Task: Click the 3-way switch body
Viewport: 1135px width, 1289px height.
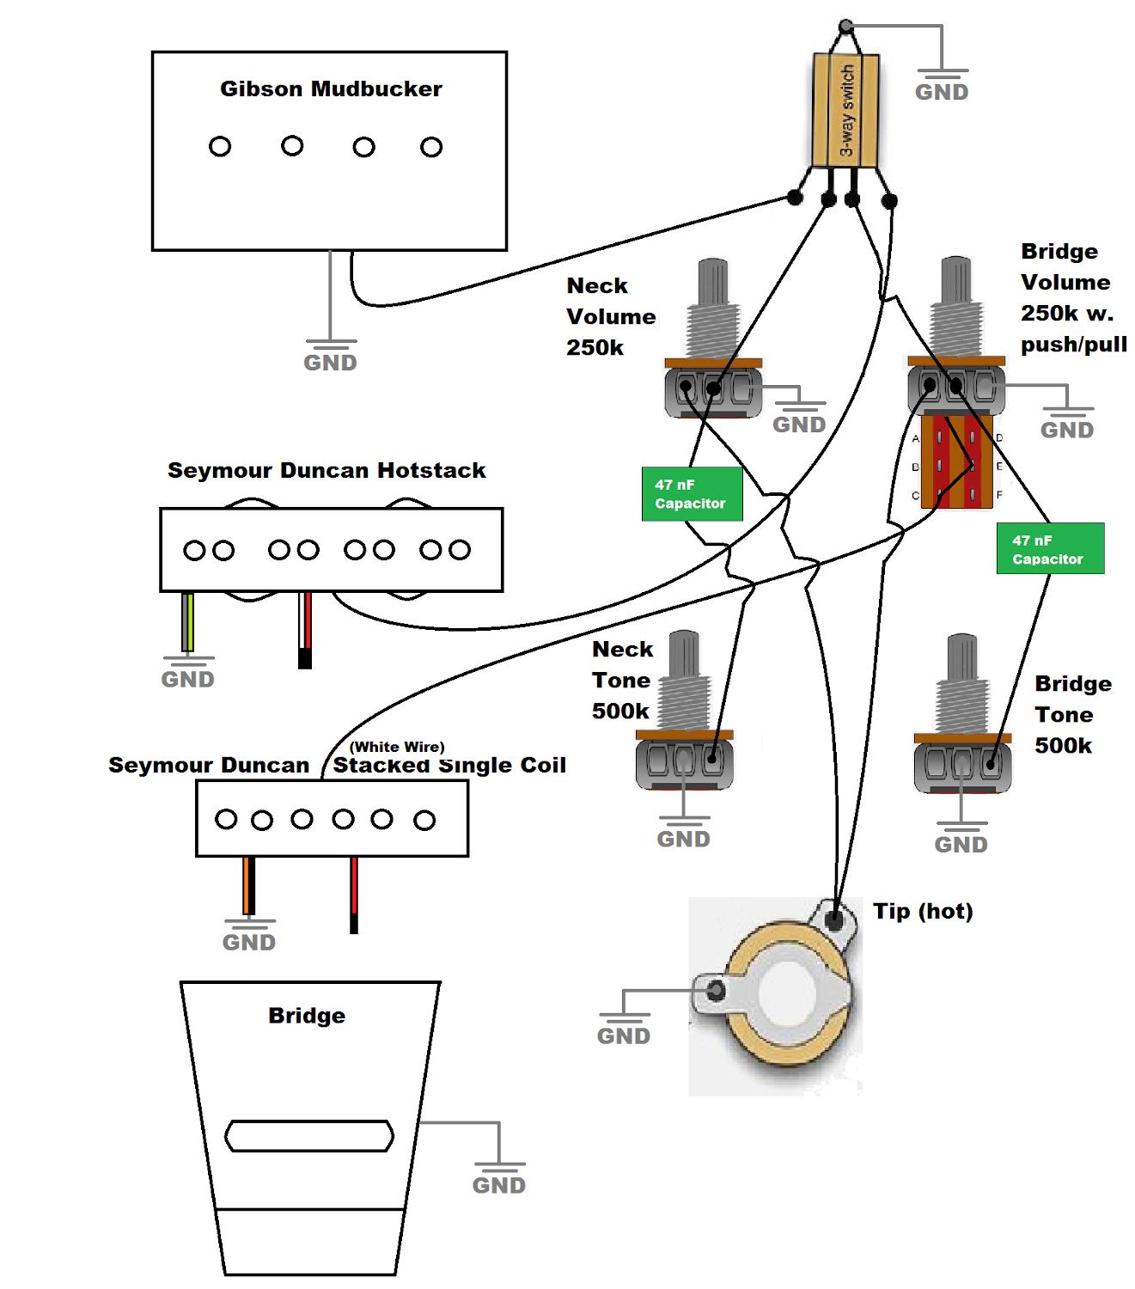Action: click(845, 110)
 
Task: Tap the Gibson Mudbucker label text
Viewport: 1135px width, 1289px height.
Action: click(331, 89)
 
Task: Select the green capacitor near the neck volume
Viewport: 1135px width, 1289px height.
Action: click(692, 494)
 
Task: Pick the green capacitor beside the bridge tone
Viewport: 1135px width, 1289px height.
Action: click(1050, 548)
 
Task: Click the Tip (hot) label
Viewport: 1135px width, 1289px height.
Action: click(923, 911)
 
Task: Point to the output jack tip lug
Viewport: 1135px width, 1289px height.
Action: click(834, 920)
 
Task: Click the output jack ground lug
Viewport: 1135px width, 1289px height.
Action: click(714, 992)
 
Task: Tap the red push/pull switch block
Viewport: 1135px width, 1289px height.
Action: click(956, 462)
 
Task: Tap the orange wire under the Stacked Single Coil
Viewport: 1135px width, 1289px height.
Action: click(248, 884)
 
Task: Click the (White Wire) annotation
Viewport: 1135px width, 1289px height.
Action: click(397, 747)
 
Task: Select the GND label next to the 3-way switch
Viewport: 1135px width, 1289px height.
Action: click(942, 92)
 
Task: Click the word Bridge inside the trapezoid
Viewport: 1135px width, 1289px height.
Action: click(307, 1016)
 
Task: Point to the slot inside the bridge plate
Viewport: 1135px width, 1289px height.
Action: click(309, 1136)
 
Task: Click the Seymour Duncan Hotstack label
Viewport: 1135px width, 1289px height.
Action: click(326, 470)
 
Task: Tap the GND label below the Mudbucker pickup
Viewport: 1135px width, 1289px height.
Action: click(330, 363)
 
